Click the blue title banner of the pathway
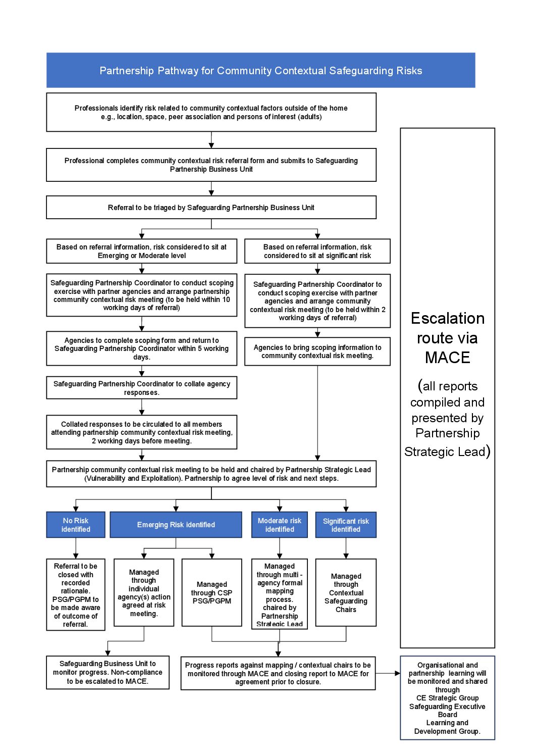coord(260,70)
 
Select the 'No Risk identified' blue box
coord(76,525)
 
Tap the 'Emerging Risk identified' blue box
coord(176,525)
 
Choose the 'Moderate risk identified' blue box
coord(279,525)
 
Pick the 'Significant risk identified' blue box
coord(346,525)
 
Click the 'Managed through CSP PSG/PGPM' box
coord(211,592)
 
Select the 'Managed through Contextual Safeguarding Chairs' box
coord(346,592)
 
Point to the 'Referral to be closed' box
coord(76,594)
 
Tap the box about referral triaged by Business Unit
coord(211,208)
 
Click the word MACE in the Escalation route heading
coord(447,358)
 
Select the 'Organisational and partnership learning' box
coord(447,697)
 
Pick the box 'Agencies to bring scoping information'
coord(317,351)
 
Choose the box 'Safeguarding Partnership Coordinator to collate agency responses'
coord(141,388)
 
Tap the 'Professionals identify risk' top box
coord(211,112)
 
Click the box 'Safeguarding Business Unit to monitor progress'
coord(108,672)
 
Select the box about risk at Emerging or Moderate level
coord(141,251)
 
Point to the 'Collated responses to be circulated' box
coord(141,432)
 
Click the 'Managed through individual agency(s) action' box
coord(144,592)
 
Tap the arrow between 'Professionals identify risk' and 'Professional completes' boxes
coord(211,140)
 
